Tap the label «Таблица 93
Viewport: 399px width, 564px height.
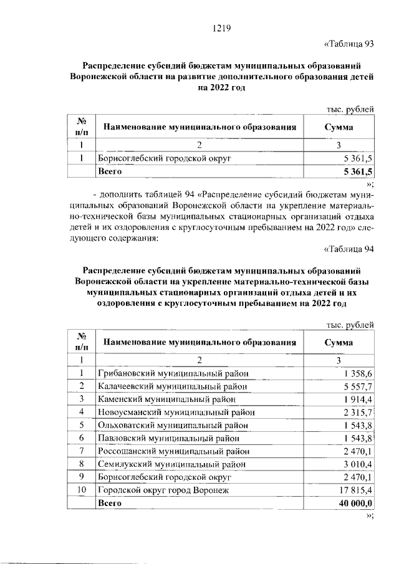[x=349, y=44]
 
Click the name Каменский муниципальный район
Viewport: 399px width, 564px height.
[x=166, y=399]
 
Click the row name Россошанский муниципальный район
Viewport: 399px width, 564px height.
[x=175, y=451]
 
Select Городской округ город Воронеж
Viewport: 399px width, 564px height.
[x=163, y=490]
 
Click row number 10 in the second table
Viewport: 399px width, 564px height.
[x=80, y=490]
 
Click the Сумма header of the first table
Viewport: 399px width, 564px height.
[x=338, y=127]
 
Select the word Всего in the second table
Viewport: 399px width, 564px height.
[x=107, y=503]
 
